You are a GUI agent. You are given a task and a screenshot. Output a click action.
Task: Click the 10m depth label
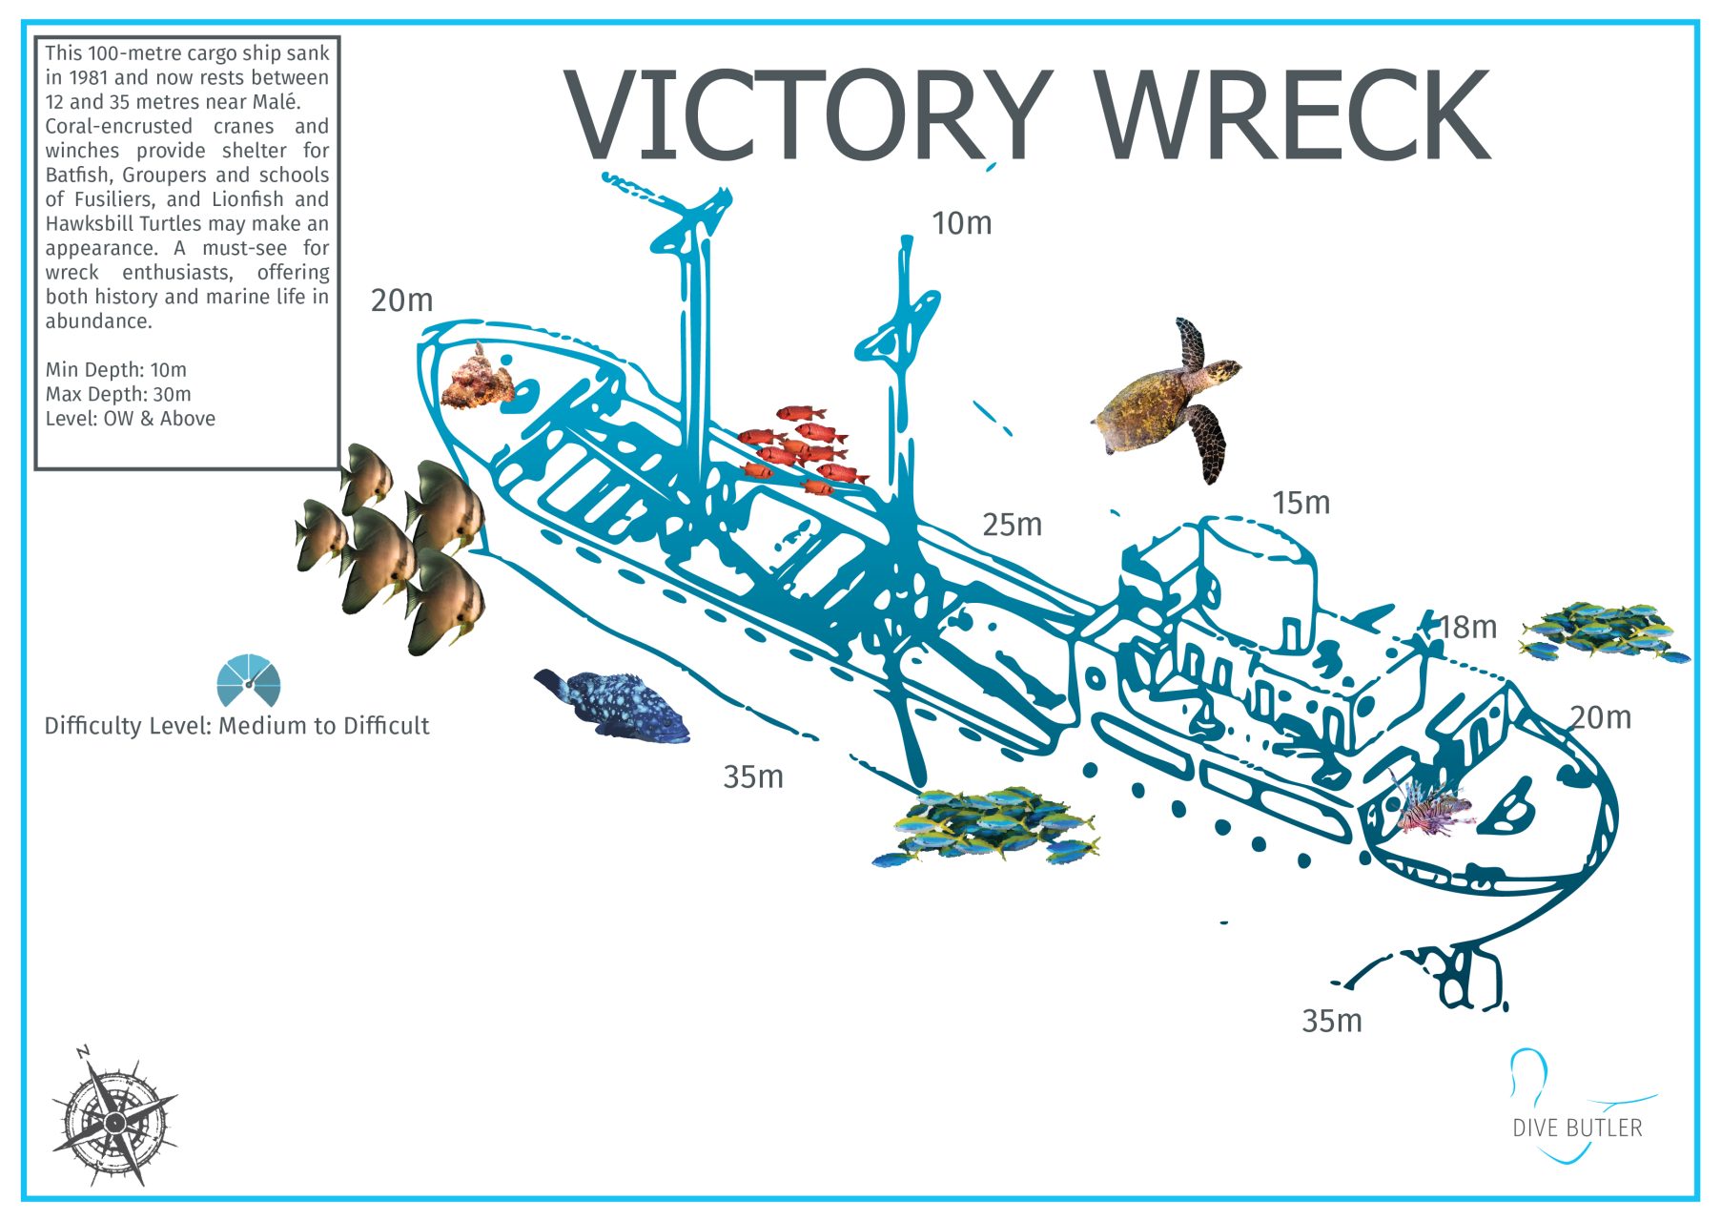tap(961, 223)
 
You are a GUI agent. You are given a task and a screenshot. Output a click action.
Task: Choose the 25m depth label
tap(1012, 525)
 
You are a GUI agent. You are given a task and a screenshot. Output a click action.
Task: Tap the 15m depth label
tap(1301, 503)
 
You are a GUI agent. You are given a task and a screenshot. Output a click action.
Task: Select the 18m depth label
tap(1467, 628)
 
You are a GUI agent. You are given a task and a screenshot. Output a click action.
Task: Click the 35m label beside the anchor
tap(1332, 1021)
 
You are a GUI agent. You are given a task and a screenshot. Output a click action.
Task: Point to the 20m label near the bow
tap(401, 300)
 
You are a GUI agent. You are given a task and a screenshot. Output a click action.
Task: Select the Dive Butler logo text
tap(1577, 1128)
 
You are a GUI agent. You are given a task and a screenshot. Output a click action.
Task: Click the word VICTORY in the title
tap(806, 116)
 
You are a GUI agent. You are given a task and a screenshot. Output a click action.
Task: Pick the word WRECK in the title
tap(1292, 116)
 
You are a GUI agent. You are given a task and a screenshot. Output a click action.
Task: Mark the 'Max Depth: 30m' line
tap(118, 394)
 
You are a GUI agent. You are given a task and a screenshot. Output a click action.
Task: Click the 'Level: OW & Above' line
tap(131, 419)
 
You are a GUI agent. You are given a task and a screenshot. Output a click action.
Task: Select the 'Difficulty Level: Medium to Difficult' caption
tap(236, 726)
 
